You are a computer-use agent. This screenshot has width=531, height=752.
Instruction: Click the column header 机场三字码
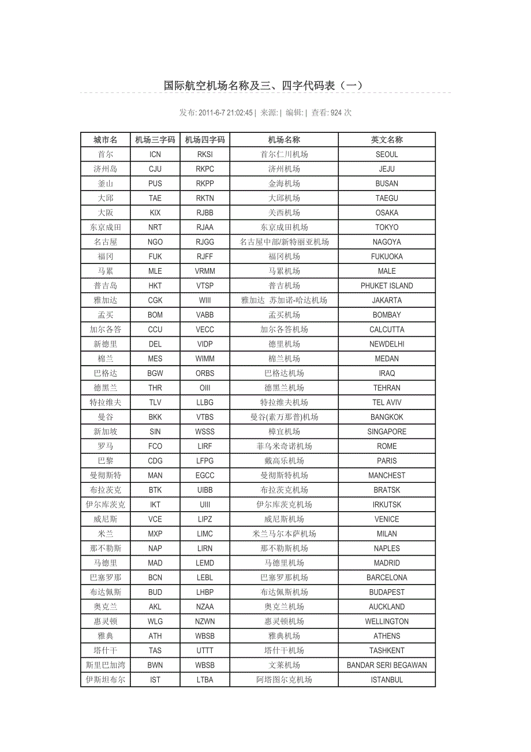coord(155,140)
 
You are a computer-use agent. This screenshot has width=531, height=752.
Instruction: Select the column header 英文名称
coord(387,140)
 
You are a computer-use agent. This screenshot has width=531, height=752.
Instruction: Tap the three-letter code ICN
coord(155,154)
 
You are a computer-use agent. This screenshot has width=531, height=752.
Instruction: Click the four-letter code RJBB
coord(205,213)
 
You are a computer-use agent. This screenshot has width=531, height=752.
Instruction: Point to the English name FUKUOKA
coord(387,256)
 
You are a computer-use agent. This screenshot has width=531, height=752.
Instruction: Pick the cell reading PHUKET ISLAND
coord(387,286)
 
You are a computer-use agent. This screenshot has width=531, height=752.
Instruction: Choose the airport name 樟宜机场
coord(284,431)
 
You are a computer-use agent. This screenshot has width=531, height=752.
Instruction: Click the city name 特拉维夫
coord(106,403)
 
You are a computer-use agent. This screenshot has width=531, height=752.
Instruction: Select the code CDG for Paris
coord(155,461)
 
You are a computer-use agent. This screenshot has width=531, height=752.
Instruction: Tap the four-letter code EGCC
coord(205,475)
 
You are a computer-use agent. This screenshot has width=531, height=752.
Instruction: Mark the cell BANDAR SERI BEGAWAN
coord(387,665)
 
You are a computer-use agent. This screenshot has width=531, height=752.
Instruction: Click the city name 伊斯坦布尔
coord(106,680)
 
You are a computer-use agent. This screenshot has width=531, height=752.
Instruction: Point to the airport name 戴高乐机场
coord(284,461)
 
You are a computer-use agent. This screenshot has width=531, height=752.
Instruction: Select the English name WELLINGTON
coord(387,621)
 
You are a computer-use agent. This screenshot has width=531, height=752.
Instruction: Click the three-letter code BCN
coord(155,578)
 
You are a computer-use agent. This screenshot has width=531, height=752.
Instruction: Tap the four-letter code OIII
coord(205,388)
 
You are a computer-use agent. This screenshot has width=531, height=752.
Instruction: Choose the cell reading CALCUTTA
coord(387,330)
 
